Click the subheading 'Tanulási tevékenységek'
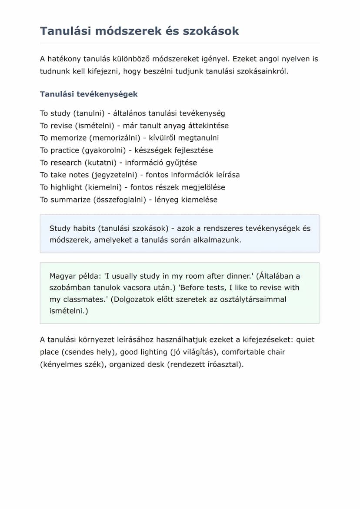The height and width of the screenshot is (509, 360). point(89,94)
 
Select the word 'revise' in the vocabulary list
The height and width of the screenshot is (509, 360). point(61,126)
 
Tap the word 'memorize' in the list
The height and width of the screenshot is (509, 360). point(68,138)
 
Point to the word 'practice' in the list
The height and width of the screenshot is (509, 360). point(65,150)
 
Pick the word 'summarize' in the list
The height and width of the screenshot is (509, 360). point(70,200)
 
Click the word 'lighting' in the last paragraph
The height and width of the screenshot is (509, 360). point(154,352)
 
